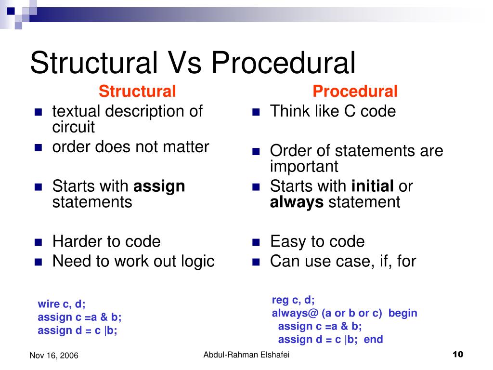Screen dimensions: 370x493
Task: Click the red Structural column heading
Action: (x=137, y=91)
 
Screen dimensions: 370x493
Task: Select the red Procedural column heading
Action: (x=355, y=91)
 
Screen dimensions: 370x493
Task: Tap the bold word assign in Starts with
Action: (x=159, y=186)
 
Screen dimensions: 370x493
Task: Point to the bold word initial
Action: (x=373, y=186)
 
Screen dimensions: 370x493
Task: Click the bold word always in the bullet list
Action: (x=297, y=202)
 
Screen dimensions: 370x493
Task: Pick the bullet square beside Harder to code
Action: (x=39, y=241)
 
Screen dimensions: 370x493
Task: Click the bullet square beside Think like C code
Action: (x=256, y=112)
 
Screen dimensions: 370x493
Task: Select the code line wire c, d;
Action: (x=62, y=304)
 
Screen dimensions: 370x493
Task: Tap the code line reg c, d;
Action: (x=293, y=300)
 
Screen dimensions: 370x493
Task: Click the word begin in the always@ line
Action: (x=402, y=313)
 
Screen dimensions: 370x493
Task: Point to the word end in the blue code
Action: (x=374, y=339)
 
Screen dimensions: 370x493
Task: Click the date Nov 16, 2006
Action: (x=54, y=356)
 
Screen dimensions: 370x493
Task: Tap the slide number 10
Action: (x=457, y=355)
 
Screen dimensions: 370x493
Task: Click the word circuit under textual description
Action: (x=73, y=128)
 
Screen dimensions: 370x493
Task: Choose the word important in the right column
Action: (x=304, y=167)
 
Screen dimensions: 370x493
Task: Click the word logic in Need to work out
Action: (x=198, y=261)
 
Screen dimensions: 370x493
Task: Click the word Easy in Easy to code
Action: (x=288, y=241)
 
